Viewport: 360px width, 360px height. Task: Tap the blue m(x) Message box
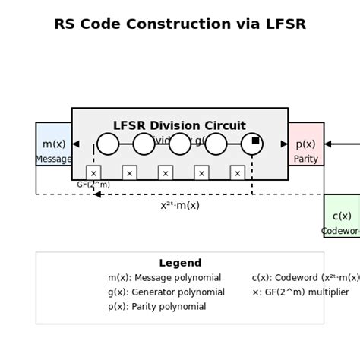click(53, 144)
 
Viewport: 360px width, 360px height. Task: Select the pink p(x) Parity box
click(306, 144)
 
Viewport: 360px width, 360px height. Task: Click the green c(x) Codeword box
click(343, 216)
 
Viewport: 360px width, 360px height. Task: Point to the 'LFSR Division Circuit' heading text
click(179, 125)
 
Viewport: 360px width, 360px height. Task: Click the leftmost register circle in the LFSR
click(108, 144)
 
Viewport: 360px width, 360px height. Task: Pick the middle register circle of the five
click(180, 144)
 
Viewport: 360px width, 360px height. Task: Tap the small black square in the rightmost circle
click(255, 141)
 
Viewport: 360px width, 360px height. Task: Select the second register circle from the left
click(144, 144)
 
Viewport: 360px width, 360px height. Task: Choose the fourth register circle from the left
click(216, 144)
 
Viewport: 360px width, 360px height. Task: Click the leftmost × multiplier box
click(93, 173)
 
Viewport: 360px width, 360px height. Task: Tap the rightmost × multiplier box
click(237, 173)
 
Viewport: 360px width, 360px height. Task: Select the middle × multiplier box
click(166, 173)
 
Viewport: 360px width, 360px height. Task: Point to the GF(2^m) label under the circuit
click(93, 185)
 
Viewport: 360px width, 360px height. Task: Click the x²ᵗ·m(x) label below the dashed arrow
click(180, 205)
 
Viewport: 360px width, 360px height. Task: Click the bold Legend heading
click(180, 263)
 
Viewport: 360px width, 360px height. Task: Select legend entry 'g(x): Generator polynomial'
click(166, 292)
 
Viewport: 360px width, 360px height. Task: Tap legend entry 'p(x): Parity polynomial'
click(156, 306)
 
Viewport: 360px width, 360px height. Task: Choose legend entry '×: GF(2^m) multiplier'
click(300, 292)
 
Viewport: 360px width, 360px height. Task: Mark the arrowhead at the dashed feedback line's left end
click(97, 194)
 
